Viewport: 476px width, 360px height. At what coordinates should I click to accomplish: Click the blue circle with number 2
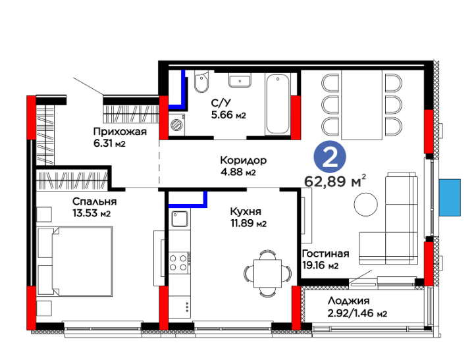click(330, 157)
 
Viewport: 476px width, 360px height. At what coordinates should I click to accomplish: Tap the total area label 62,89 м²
click(335, 181)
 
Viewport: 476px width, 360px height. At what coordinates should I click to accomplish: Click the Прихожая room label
click(120, 132)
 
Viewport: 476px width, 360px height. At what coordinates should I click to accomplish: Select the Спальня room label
click(94, 201)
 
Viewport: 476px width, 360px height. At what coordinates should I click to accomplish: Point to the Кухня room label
click(246, 211)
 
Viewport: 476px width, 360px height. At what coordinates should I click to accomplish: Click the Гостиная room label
click(326, 253)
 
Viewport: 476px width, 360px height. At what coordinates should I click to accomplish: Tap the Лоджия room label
click(348, 301)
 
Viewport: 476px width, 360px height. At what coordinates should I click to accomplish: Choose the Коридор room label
click(244, 160)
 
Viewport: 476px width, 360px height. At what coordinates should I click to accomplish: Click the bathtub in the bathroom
click(277, 104)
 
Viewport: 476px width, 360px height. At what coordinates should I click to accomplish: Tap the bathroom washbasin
click(240, 81)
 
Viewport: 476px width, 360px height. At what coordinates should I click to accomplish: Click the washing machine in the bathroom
click(176, 124)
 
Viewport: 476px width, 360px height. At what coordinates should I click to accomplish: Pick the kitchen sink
click(180, 219)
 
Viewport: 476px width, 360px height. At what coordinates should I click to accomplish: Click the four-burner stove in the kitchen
click(179, 263)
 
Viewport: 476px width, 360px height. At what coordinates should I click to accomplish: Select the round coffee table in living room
click(366, 205)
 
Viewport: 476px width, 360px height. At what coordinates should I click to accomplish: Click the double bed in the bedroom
click(74, 261)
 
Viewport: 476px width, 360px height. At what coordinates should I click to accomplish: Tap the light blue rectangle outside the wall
click(450, 197)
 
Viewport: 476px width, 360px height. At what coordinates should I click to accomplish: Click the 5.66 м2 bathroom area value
click(228, 115)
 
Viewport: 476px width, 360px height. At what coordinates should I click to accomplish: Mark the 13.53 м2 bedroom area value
click(92, 213)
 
